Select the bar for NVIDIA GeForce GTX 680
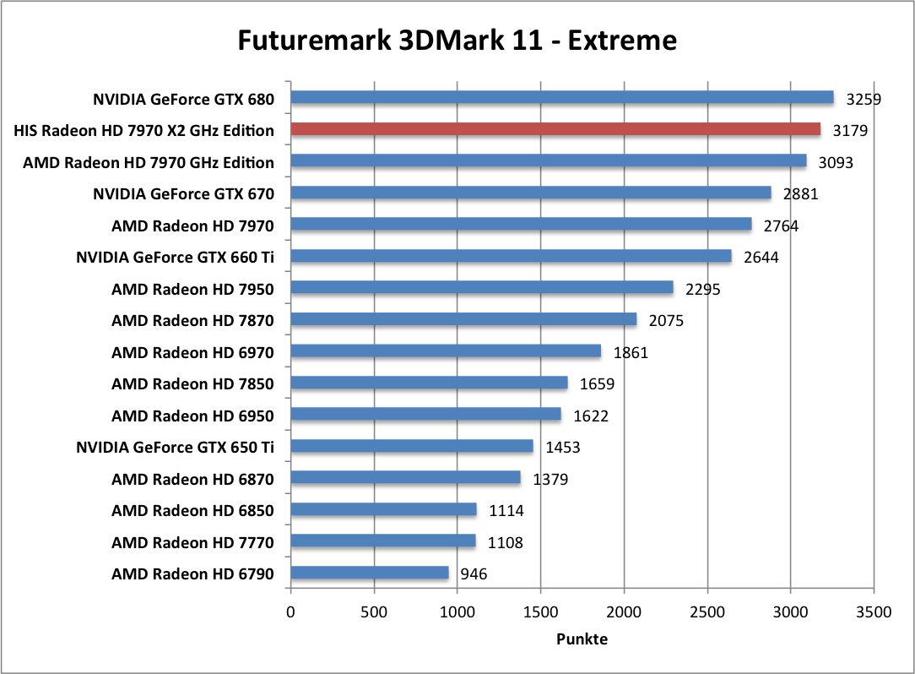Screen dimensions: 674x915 562,98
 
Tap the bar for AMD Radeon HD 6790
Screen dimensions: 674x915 370,573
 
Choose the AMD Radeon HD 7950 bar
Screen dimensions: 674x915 482,288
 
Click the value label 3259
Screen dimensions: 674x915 864,99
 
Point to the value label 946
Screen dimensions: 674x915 473,574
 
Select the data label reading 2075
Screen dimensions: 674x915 666,321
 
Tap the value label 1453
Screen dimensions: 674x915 562,448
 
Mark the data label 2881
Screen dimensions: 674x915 800,194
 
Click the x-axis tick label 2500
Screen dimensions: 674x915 707,611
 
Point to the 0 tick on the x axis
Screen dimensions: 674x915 291,611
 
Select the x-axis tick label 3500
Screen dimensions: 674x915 874,611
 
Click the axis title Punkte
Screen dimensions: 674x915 582,639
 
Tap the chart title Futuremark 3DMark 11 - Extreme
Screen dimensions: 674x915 457,40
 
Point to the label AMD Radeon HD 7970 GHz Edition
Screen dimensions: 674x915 149,162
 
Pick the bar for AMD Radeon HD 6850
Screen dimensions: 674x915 384,510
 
